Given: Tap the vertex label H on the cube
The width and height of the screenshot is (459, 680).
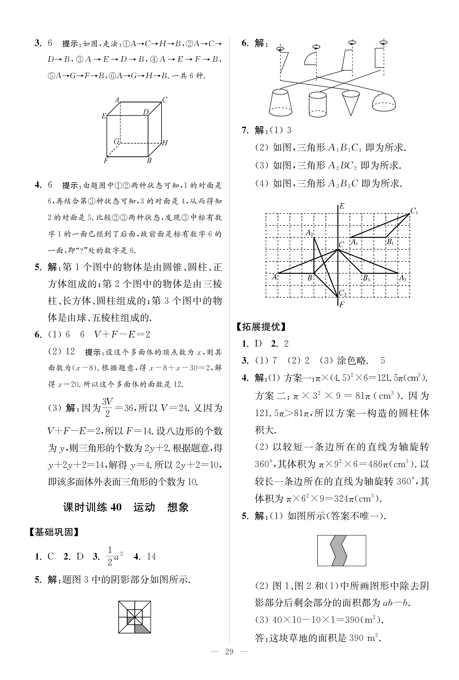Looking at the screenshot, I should (x=165, y=143).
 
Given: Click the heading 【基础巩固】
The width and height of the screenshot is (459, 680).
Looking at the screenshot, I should (x=54, y=532).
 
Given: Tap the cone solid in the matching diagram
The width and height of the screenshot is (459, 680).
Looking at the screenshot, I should (x=351, y=103).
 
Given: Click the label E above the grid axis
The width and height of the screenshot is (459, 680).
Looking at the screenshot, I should (x=342, y=206).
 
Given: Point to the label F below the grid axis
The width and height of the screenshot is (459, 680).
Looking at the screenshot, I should (x=342, y=305).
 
